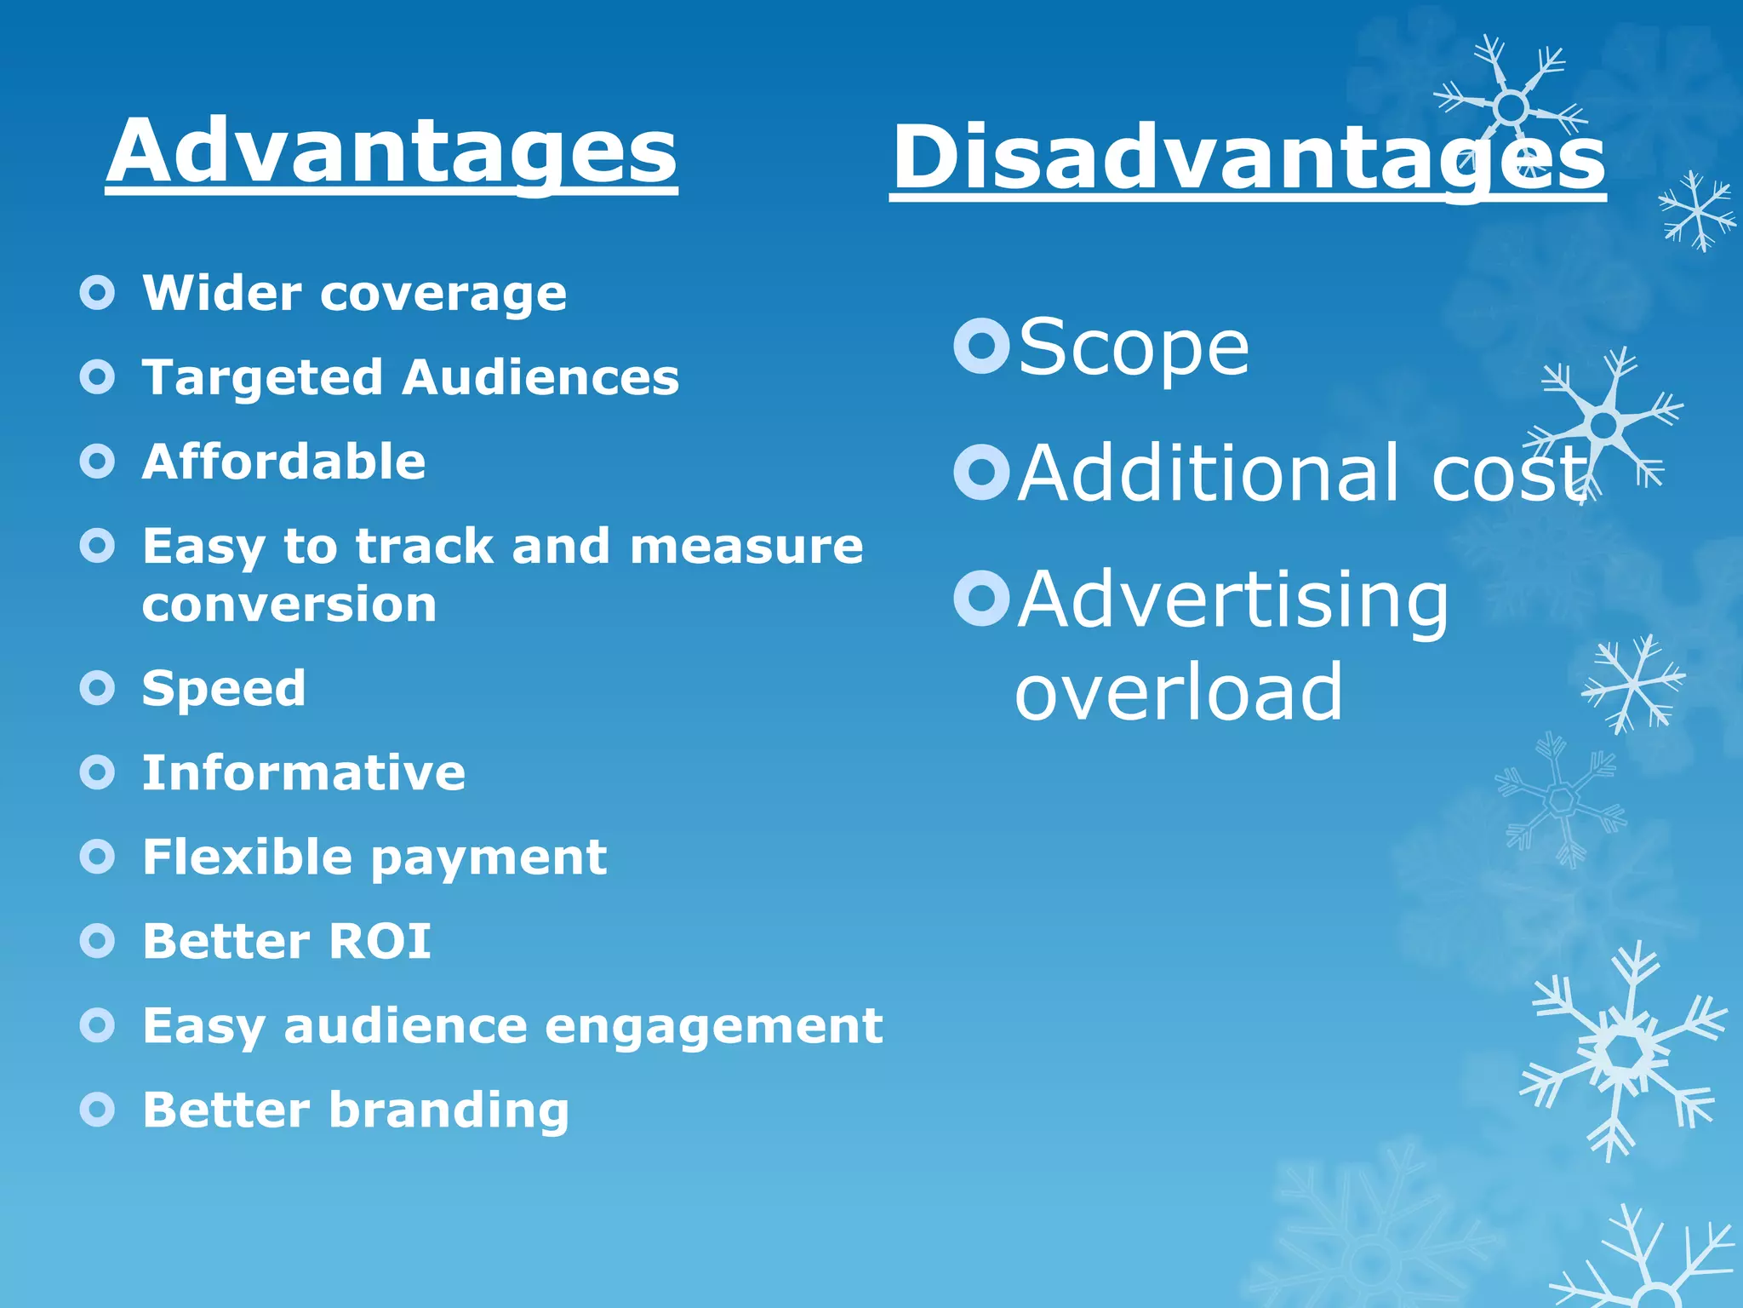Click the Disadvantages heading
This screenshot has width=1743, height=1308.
[x=1248, y=158]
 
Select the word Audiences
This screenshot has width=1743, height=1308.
[x=540, y=377]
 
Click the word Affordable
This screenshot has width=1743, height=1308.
[x=283, y=462]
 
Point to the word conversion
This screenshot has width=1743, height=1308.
[x=289, y=605]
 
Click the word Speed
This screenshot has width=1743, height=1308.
[x=223, y=688]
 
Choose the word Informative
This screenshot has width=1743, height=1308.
[x=304, y=772]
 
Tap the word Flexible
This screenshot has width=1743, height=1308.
[x=246, y=857]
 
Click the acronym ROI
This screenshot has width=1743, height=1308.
[x=380, y=941]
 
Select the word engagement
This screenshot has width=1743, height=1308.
[x=713, y=1025]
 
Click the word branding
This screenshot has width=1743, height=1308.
[x=449, y=1110]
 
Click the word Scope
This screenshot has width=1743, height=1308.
[x=1133, y=347]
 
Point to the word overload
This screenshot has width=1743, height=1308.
[x=1179, y=691]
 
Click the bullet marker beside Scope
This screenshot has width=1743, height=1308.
[x=981, y=346]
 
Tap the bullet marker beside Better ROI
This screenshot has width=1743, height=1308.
[x=97, y=941]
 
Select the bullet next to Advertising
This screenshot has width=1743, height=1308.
[x=981, y=598]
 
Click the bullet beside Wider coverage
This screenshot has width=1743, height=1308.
[x=97, y=293]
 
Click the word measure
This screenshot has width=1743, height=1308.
[x=746, y=546]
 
